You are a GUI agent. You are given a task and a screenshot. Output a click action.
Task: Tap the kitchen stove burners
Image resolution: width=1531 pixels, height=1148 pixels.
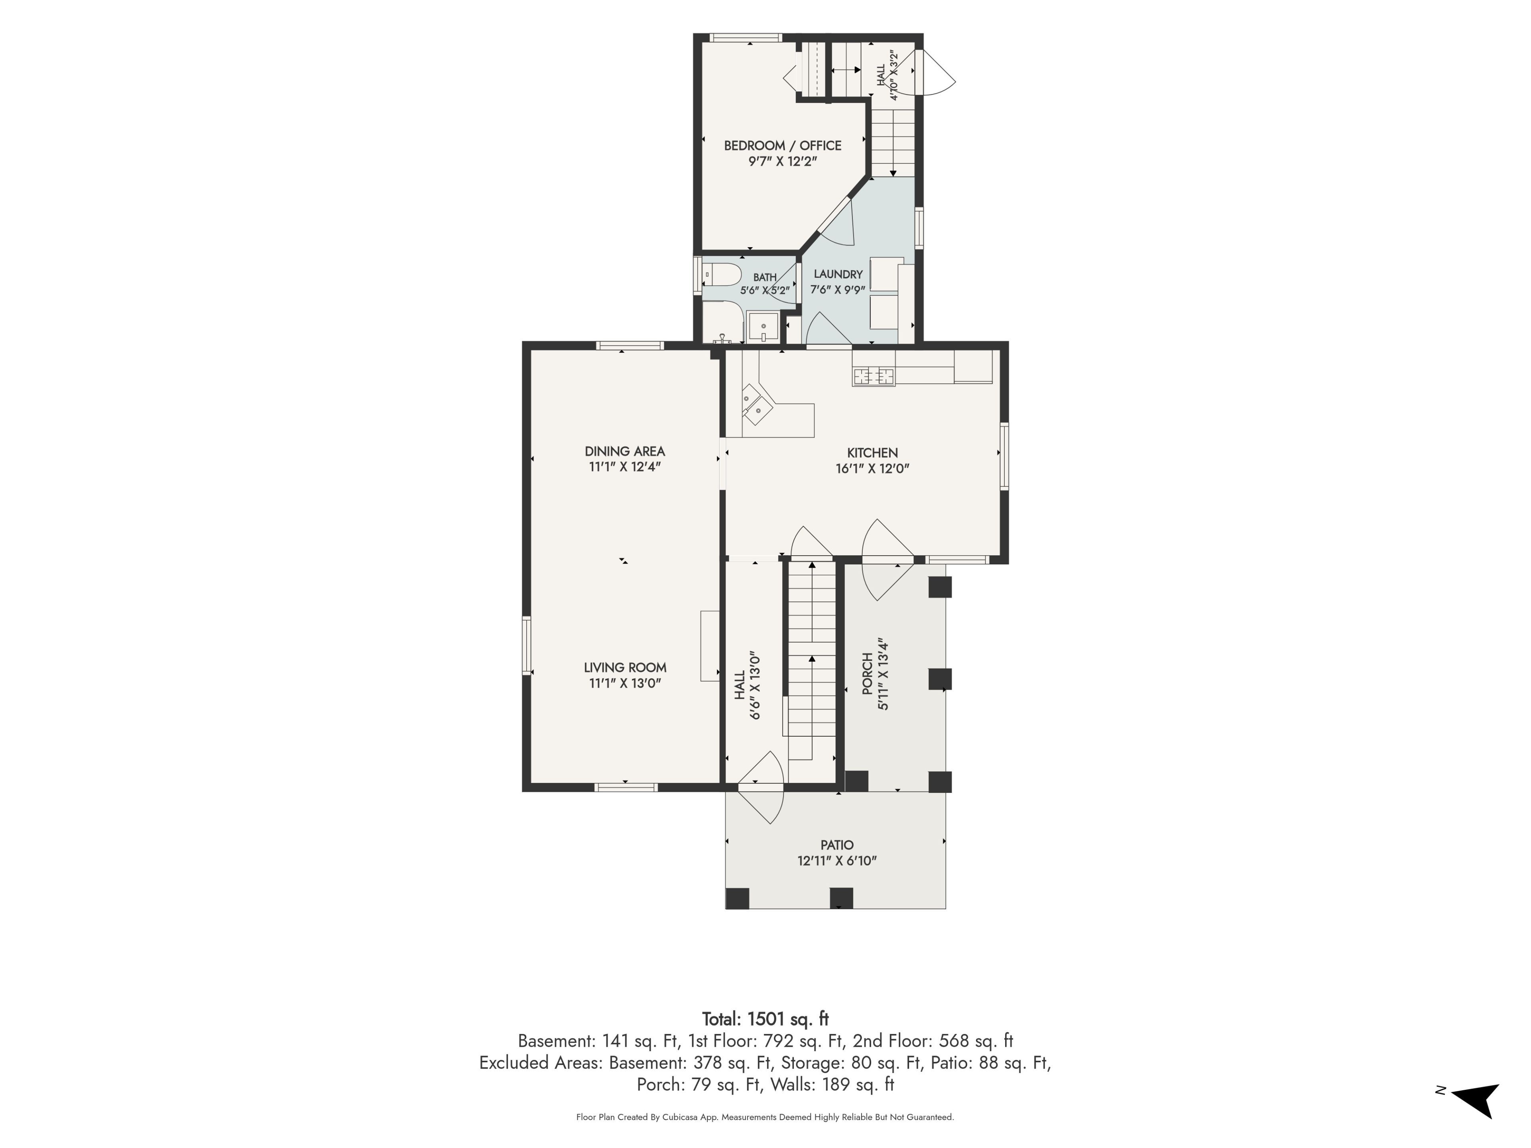[x=874, y=376]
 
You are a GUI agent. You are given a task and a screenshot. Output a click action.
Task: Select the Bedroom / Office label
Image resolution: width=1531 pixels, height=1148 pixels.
[x=783, y=145]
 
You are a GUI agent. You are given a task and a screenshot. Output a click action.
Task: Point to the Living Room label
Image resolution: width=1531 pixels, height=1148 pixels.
[x=625, y=668]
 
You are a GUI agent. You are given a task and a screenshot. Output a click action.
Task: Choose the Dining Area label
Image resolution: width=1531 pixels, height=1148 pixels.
[x=625, y=451]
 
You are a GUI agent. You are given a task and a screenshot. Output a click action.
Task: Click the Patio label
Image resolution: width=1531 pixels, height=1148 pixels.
[x=837, y=845]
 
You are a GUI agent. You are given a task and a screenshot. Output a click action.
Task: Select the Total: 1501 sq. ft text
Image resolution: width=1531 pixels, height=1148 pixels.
[x=765, y=1018]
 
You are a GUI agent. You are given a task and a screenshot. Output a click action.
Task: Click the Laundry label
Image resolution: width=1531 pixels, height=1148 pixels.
[x=838, y=274]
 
